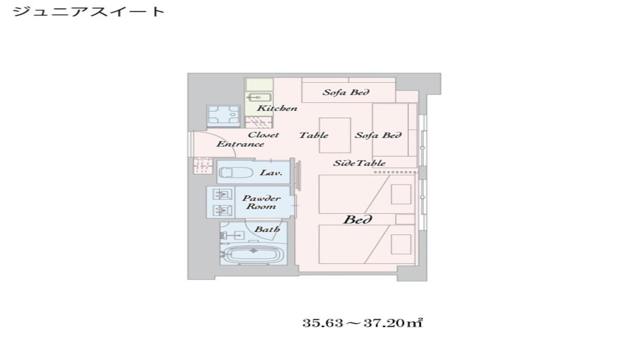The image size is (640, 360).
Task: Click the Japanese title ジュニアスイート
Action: [89, 12]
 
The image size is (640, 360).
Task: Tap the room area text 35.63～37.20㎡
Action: [363, 323]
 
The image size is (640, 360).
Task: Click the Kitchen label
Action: [277, 108]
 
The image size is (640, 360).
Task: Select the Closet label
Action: [263, 135]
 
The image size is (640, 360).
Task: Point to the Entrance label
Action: [240, 144]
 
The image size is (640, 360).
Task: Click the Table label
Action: [314, 135]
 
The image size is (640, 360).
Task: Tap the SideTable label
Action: [359, 163]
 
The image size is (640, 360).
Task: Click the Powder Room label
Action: [261, 202]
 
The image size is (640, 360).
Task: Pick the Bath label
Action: [267, 229]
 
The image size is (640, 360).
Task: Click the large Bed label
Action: [357, 220]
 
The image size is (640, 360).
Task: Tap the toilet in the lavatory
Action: [230, 172]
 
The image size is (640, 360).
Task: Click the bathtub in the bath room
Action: [253, 255]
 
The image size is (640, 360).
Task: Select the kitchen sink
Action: [259, 97]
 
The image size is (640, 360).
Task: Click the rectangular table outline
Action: [335, 135]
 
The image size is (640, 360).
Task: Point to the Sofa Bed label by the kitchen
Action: [346, 92]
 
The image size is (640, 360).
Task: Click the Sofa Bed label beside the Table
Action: [378, 135]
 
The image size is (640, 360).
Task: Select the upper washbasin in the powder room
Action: [222, 194]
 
